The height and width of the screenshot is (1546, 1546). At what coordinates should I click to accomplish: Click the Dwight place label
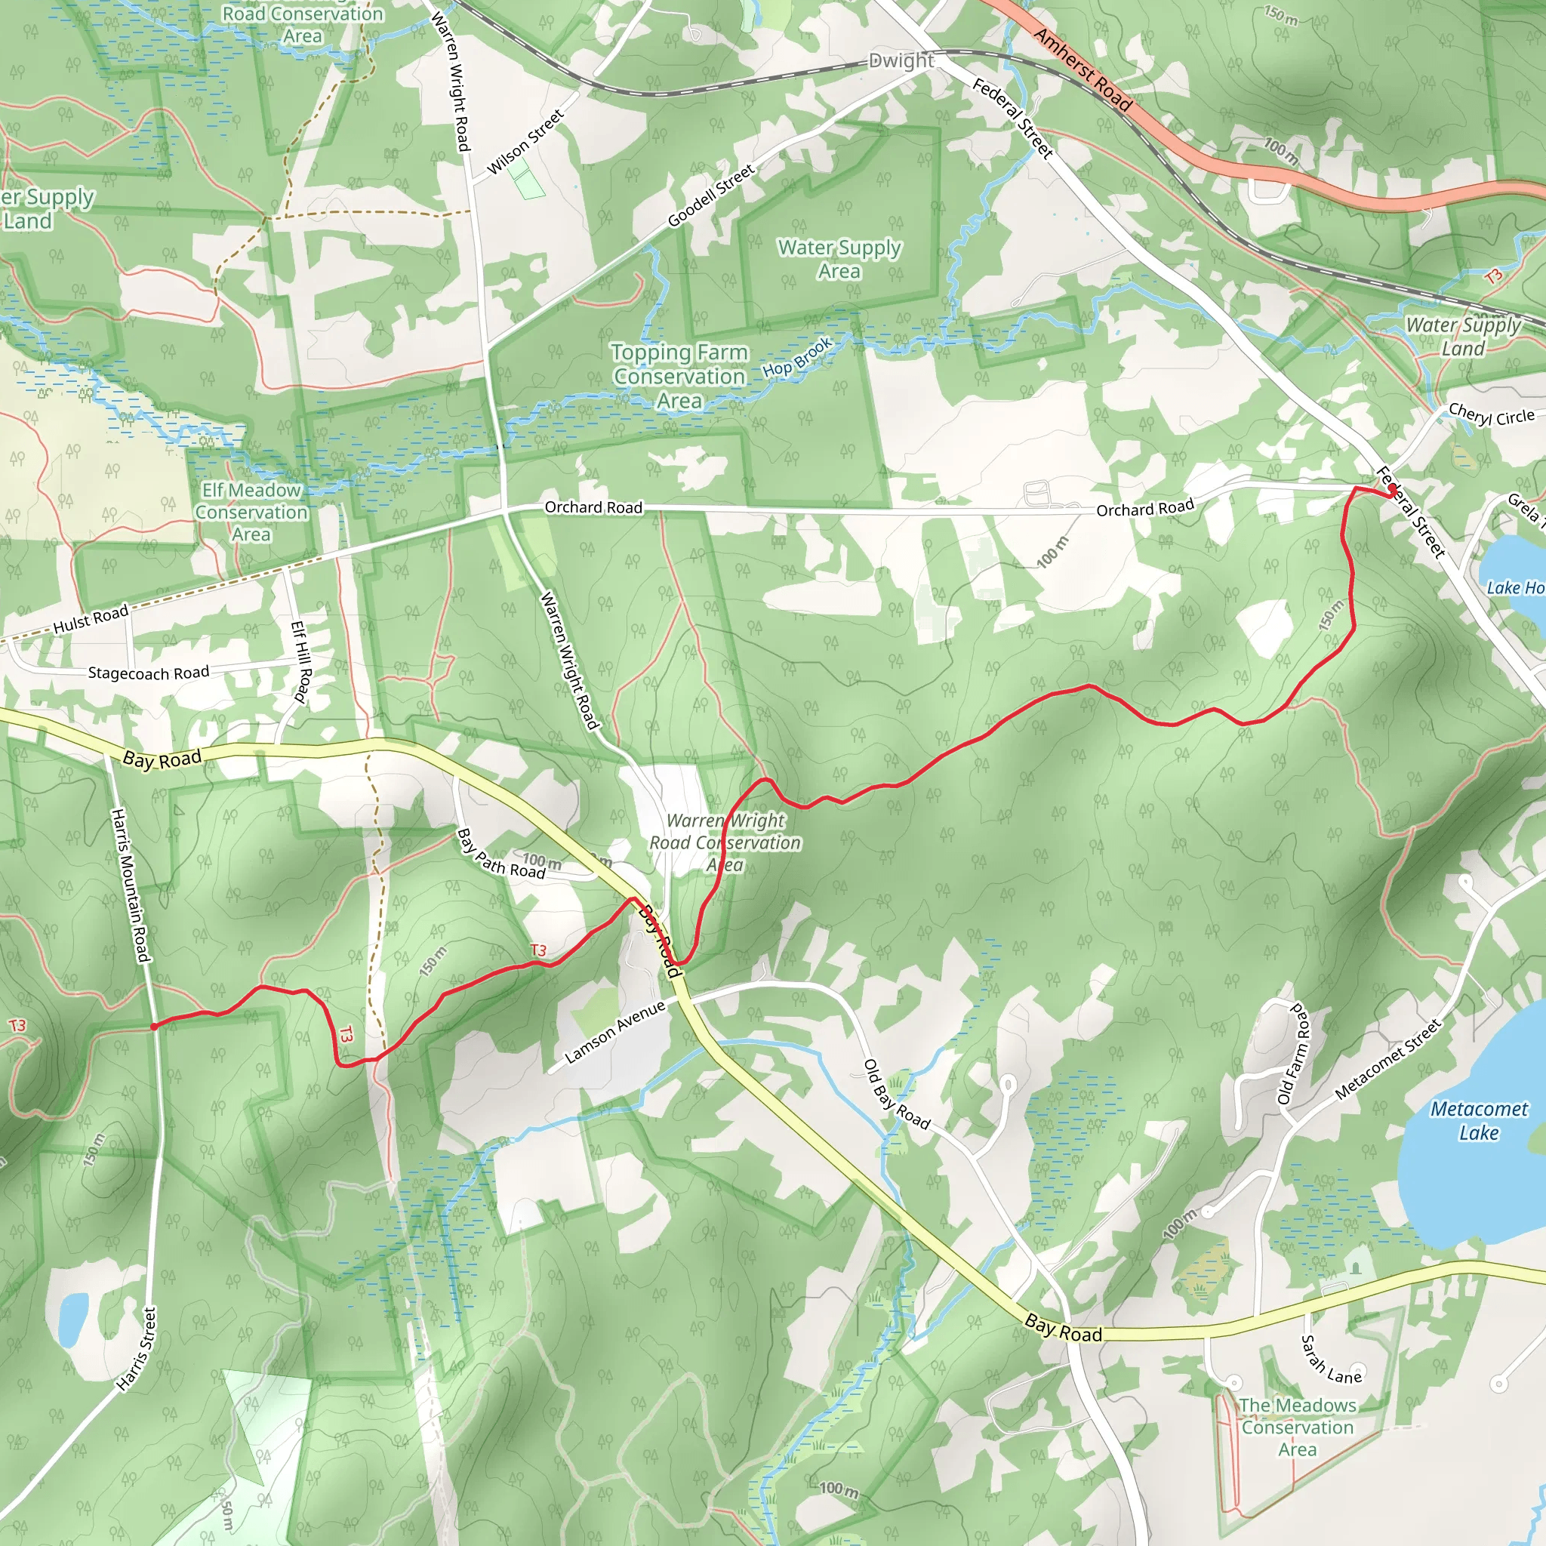901,61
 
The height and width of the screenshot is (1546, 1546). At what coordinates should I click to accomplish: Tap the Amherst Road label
1082,69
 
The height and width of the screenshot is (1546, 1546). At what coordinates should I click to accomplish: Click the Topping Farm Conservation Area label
679,376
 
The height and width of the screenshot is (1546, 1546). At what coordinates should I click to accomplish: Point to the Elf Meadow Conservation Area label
251,512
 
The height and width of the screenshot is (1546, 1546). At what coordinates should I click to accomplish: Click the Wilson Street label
525,143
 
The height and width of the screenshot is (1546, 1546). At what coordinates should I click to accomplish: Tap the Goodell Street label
710,196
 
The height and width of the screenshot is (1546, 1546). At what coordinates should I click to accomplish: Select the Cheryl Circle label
1491,416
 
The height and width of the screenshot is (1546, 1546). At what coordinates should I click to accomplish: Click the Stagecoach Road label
148,673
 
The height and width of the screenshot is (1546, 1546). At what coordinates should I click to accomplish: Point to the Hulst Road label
91,619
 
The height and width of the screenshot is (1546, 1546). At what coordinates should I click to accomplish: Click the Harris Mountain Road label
131,885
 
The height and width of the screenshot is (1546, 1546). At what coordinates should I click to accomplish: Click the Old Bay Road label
896,1095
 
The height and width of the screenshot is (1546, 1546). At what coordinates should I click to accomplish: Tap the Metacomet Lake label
1479,1120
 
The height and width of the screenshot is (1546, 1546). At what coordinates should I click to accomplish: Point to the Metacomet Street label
1387,1058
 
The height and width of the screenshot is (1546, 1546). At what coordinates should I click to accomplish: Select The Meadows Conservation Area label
1297,1427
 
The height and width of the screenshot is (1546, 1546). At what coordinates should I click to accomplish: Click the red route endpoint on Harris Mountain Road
154,1027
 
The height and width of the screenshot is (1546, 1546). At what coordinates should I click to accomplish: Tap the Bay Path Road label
501,853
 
